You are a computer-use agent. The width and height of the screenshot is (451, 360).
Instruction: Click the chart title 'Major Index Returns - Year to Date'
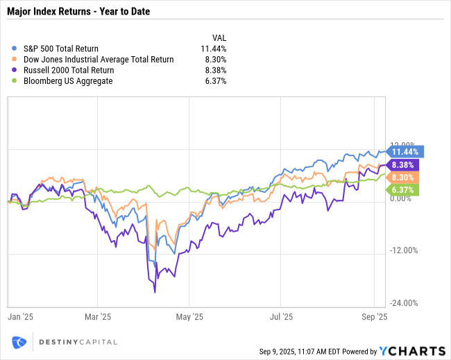(x=78, y=12)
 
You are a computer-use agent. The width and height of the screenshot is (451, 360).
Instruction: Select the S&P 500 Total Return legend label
(x=60, y=49)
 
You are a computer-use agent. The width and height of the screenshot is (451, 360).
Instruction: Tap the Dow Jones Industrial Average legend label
(x=98, y=60)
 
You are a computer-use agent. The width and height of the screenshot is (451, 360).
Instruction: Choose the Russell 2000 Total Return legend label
(x=68, y=70)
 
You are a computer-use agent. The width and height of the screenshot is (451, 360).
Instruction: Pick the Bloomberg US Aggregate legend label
(x=67, y=81)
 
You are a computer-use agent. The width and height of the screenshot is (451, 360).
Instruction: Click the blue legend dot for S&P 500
(x=15, y=49)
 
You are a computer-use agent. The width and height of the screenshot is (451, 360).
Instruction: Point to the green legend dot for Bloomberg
(x=15, y=81)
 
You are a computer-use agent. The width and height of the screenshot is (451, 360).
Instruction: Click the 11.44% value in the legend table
(x=214, y=49)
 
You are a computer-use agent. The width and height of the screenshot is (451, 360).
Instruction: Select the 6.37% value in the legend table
(x=216, y=81)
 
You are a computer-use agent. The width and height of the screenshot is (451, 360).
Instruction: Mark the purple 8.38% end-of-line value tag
(x=403, y=165)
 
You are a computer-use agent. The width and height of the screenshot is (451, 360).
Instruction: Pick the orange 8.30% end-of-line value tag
(x=403, y=178)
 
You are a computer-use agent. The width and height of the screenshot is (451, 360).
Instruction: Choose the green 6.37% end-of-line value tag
(x=403, y=189)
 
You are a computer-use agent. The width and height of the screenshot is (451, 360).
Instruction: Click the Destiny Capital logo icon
(x=19, y=341)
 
